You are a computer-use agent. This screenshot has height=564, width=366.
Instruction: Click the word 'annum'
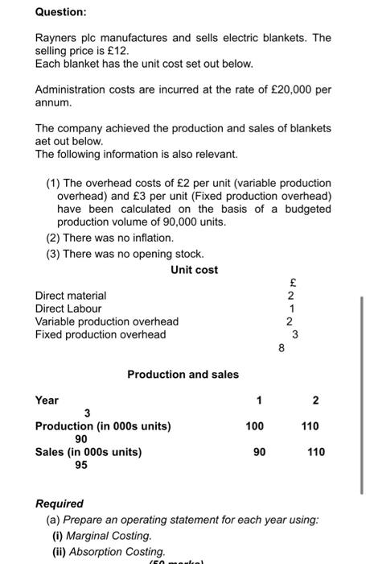click(52, 102)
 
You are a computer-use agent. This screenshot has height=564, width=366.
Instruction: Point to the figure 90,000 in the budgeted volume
click(185, 221)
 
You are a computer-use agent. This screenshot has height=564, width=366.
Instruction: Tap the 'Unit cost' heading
click(194, 270)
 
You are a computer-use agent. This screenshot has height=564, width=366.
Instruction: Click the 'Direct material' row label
click(71, 296)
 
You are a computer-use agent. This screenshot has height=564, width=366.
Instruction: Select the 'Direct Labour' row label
click(68, 308)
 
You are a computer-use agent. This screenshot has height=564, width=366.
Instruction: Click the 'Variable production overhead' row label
click(107, 321)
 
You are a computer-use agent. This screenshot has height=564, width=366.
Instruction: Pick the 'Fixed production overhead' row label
click(101, 334)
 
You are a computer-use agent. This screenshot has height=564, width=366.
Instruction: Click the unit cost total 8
click(281, 348)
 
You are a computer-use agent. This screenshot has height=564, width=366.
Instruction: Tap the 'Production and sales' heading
click(183, 374)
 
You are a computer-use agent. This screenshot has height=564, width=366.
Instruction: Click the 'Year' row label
click(47, 400)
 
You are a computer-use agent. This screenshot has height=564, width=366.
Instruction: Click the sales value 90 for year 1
click(259, 452)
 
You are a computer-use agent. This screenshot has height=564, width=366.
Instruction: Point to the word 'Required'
click(60, 504)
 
